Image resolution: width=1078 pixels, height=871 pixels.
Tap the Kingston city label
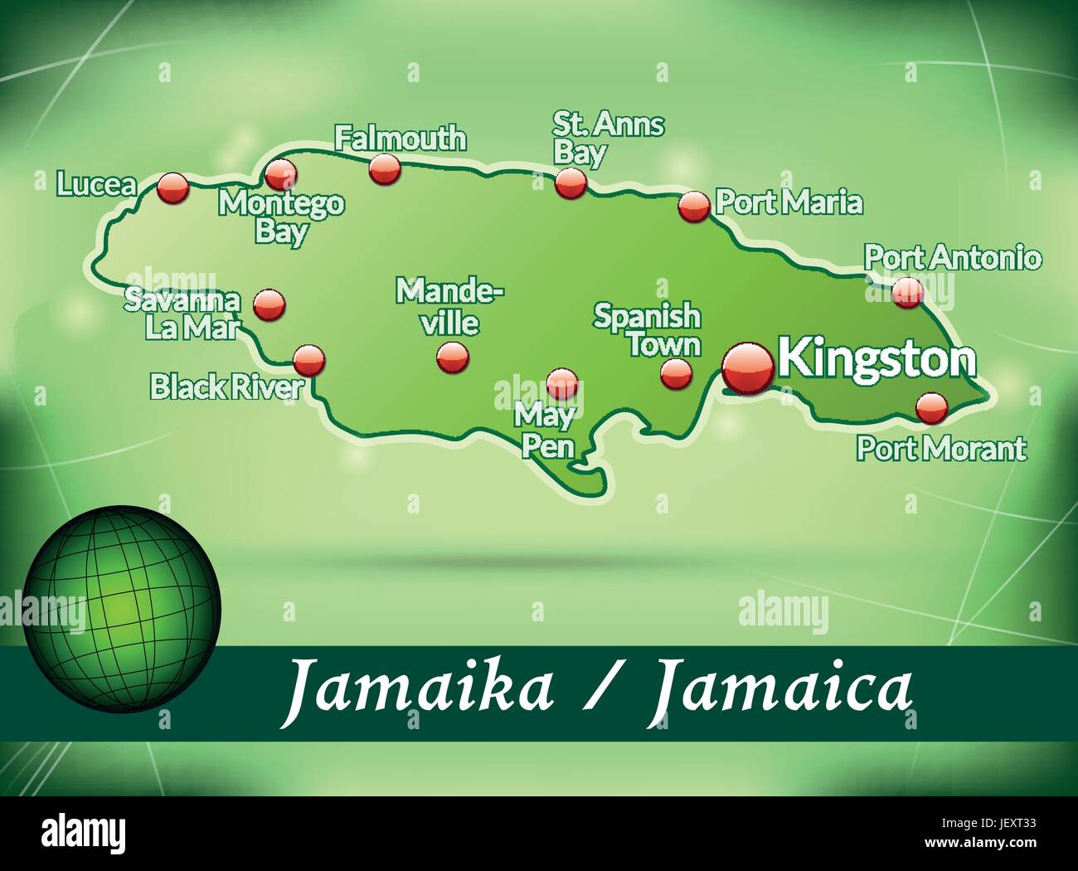[x=877, y=358]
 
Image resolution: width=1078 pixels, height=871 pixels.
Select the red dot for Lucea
[x=173, y=187]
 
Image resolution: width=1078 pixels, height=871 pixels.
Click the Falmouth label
[x=400, y=138]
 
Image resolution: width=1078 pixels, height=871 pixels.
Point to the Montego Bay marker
[x=280, y=174]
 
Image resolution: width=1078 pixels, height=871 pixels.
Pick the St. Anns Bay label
[x=609, y=139]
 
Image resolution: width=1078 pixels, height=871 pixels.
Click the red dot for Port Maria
[x=694, y=205]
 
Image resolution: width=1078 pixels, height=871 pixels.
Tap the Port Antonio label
[x=952, y=257]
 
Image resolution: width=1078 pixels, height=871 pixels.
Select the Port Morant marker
[x=931, y=406]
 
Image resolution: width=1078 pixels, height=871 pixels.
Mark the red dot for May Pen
[x=561, y=382]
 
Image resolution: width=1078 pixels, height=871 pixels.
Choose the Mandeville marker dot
[x=453, y=358]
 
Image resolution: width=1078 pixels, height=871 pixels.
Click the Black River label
[x=226, y=387]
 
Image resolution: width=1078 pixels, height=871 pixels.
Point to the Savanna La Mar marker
[x=269, y=304]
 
